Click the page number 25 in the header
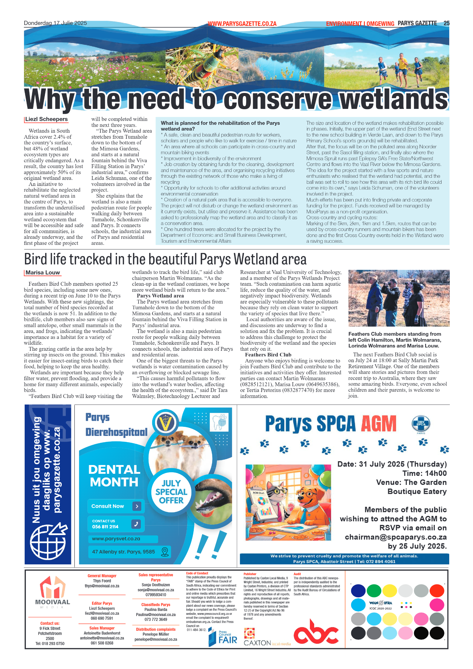tap(446, 23)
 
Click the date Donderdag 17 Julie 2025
tap(55, 23)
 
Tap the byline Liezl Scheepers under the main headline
tap(46, 119)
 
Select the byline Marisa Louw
tap(43, 273)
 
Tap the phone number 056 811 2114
tap(105, 527)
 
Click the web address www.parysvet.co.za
tap(116, 539)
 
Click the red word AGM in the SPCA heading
tap(379, 424)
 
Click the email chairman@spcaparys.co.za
tap(396, 537)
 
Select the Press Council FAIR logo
tap(223, 637)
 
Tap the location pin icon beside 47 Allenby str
tap(165, 552)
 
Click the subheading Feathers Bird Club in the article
tap(268, 355)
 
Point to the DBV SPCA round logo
tap(421, 423)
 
